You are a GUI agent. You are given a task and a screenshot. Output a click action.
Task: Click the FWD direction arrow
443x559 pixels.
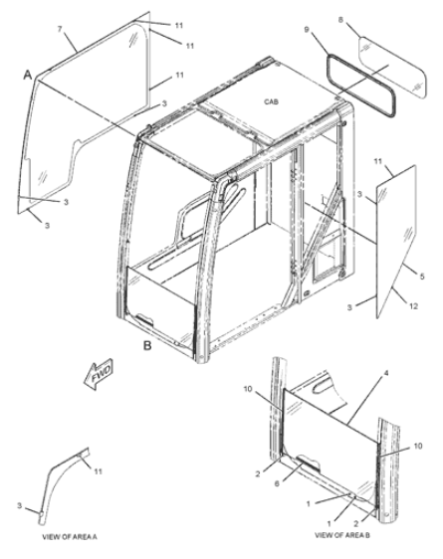coord(99,374)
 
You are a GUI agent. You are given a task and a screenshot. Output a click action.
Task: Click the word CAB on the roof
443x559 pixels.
coord(272,102)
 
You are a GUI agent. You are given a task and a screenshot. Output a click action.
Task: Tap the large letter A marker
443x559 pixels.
coord(28,76)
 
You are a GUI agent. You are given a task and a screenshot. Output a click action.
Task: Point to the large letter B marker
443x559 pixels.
coord(147,345)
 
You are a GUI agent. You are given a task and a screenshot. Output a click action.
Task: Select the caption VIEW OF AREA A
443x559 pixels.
coord(70,536)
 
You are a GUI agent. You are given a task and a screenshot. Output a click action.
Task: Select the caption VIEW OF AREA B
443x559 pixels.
coord(342,535)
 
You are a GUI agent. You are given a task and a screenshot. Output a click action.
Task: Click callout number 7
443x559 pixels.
coord(61,29)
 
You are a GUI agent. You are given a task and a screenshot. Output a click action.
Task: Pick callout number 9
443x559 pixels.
coord(307,30)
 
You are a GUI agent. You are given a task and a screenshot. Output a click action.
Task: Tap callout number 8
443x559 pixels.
coord(340,20)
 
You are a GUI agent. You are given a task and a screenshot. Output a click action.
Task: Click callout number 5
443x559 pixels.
coord(422,277)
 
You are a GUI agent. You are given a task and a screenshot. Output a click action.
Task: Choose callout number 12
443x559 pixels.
coord(413,306)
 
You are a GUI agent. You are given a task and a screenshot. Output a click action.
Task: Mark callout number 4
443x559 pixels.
coord(386,373)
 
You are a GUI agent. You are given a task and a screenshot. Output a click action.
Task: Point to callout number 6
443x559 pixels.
coord(277,483)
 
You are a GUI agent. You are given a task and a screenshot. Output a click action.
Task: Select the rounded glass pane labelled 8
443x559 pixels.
coord(392,68)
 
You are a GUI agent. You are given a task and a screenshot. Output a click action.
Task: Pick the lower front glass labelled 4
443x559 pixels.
coord(330,446)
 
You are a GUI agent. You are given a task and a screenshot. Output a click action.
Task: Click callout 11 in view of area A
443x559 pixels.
coord(98,471)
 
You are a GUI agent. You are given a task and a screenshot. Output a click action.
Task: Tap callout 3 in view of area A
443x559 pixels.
coord(20,505)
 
